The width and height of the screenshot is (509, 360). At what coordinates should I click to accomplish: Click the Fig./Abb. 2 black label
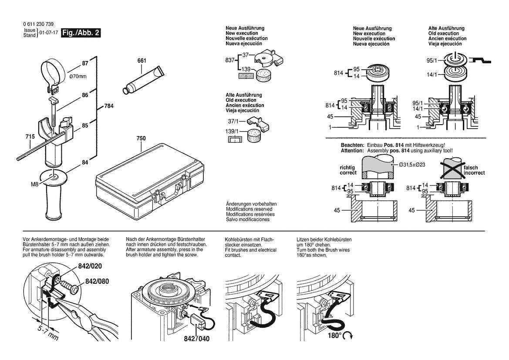tap(81, 33)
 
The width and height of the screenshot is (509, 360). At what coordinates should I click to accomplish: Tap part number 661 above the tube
tap(142, 61)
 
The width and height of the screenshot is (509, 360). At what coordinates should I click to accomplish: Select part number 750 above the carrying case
tap(141, 138)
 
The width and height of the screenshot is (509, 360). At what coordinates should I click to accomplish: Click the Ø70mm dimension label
tap(78, 77)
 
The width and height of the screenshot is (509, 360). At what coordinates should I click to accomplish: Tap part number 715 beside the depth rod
tap(30, 137)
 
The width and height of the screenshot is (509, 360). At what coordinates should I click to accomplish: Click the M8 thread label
tap(35, 184)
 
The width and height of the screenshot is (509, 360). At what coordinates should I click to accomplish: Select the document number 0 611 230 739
tap(39, 24)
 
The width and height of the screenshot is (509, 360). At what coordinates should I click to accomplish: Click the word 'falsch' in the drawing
tap(470, 168)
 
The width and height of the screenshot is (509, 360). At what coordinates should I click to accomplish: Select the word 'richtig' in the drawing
tap(347, 168)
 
